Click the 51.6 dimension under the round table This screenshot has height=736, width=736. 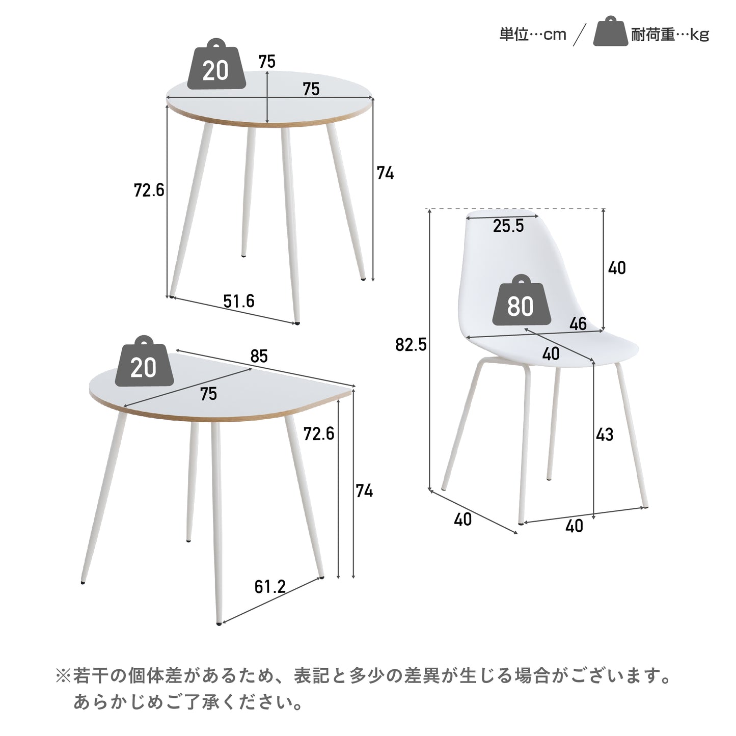pyautogui.click(x=239, y=301)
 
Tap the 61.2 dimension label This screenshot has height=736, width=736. pyautogui.click(x=270, y=587)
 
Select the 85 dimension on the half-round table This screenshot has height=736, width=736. pyautogui.click(x=259, y=356)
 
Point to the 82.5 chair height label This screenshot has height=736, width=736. pyautogui.click(x=411, y=345)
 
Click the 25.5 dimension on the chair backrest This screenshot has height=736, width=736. pyautogui.click(x=508, y=226)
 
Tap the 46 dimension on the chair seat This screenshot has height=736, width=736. pyautogui.click(x=578, y=323)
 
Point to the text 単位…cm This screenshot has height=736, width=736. pyautogui.click(x=533, y=35)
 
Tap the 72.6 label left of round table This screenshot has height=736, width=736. pyautogui.click(x=149, y=190)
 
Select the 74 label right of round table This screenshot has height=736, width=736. pyautogui.click(x=385, y=173)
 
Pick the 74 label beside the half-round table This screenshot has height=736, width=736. pyautogui.click(x=364, y=491)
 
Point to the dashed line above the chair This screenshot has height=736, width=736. pyautogui.click(x=517, y=209)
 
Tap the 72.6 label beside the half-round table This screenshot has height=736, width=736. pyautogui.click(x=319, y=434)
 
